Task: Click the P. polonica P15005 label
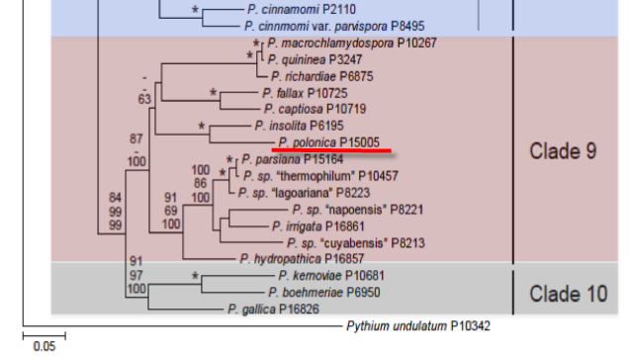(x=328, y=142)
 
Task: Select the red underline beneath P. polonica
(x=331, y=150)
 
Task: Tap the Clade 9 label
(x=563, y=151)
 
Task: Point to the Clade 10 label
(x=569, y=294)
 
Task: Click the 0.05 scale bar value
(x=45, y=346)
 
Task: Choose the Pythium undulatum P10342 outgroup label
(x=418, y=326)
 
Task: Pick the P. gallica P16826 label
(x=273, y=309)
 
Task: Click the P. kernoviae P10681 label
(x=331, y=276)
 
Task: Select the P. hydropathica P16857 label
(x=302, y=259)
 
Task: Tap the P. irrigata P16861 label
(x=318, y=226)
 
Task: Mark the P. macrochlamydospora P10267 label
(x=352, y=43)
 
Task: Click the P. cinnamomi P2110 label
(x=302, y=9)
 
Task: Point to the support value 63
(x=144, y=99)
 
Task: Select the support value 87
(x=136, y=138)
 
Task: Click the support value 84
(x=115, y=198)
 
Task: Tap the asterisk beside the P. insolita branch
(x=202, y=126)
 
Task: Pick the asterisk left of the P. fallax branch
(x=213, y=93)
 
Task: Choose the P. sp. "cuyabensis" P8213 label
(x=355, y=243)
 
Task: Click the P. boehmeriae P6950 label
(x=324, y=293)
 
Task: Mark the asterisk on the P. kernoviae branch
(x=195, y=275)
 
